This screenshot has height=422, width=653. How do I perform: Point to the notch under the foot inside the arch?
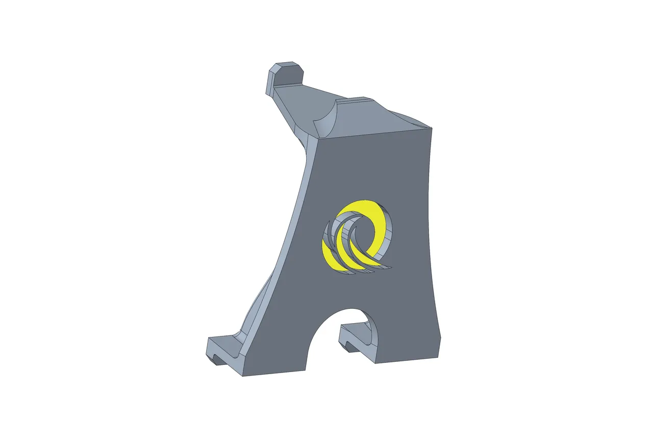[349, 348]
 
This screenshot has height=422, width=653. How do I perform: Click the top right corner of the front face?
[431, 127]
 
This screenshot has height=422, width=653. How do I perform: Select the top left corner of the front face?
[319, 139]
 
